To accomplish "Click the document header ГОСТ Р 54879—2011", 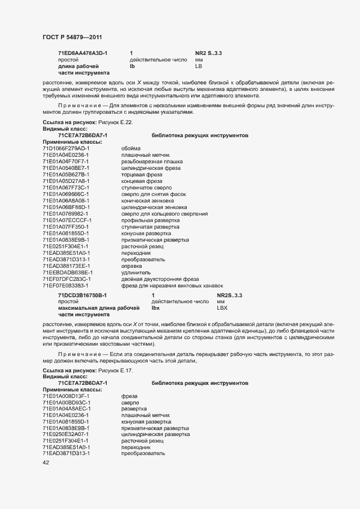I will pyautogui.click(x=72, y=37).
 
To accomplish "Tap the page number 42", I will pyautogui.click(x=46, y=463).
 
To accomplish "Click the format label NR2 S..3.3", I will pyautogui.click(x=209, y=53).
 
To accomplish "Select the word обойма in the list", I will pyautogui.click(x=131, y=149).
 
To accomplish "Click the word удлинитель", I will pyautogui.click(x=136, y=273).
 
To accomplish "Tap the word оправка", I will pyautogui.click(x=132, y=266).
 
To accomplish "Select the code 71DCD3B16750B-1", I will pyautogui.click(x=82, y=295).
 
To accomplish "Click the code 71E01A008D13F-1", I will pyautogui.click(x=66, y=396).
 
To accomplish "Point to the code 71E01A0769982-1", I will pyautogui.click(x=65, y=214).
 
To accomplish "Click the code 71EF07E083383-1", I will pyautogui.click(x=65, y=286).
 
